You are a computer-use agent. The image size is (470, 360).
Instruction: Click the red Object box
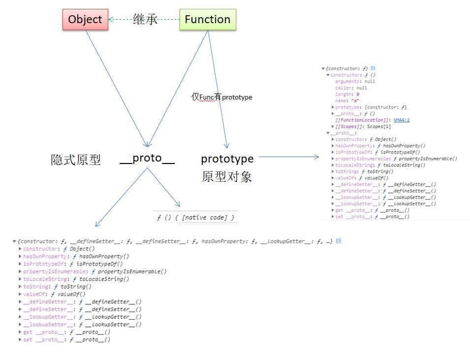click(85, 20)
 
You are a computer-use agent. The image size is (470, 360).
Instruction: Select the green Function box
click(207, 20)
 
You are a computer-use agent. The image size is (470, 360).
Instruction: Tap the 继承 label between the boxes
click(145, 20)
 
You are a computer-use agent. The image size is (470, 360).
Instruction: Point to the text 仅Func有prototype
click(222, 98)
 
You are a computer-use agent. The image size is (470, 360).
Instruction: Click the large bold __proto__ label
click(147, 159)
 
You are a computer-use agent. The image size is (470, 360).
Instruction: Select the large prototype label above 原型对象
click(227, 159)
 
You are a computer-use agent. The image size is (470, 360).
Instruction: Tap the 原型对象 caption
click(227, 176)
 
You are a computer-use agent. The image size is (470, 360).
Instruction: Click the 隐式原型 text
click(76, 160)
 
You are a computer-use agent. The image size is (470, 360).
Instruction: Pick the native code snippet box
click(196, 217)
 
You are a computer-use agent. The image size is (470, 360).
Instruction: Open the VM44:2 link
click(402, 120)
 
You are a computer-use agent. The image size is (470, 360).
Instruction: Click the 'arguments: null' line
click(355, 82)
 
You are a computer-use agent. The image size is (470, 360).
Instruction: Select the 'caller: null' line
click(351, 88)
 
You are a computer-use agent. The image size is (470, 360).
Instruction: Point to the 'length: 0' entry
click(347, 95)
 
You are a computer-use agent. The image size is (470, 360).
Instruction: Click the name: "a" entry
click(347, 101)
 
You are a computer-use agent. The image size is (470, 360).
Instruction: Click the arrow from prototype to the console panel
click(288, 157)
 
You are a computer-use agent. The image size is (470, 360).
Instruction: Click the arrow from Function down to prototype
click(218, 89)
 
